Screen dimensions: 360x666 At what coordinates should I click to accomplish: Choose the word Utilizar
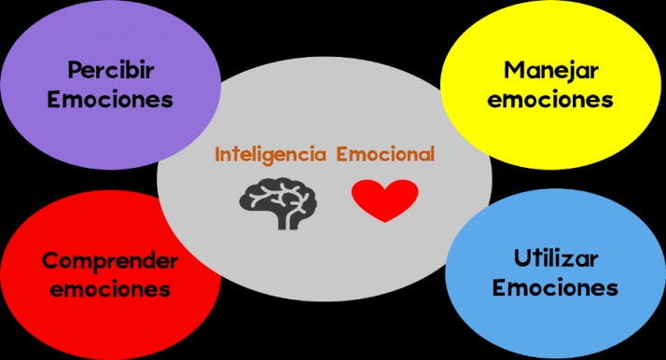click(555, 258)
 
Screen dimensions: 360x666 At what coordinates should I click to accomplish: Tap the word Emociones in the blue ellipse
click(555, 287)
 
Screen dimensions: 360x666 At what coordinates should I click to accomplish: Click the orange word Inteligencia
click(271, 155)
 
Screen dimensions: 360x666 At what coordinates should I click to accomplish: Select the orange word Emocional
click(385, 155)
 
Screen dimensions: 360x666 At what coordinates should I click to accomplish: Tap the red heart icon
click(385, 200)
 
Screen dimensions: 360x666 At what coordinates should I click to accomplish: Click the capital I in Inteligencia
click(218, 155)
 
